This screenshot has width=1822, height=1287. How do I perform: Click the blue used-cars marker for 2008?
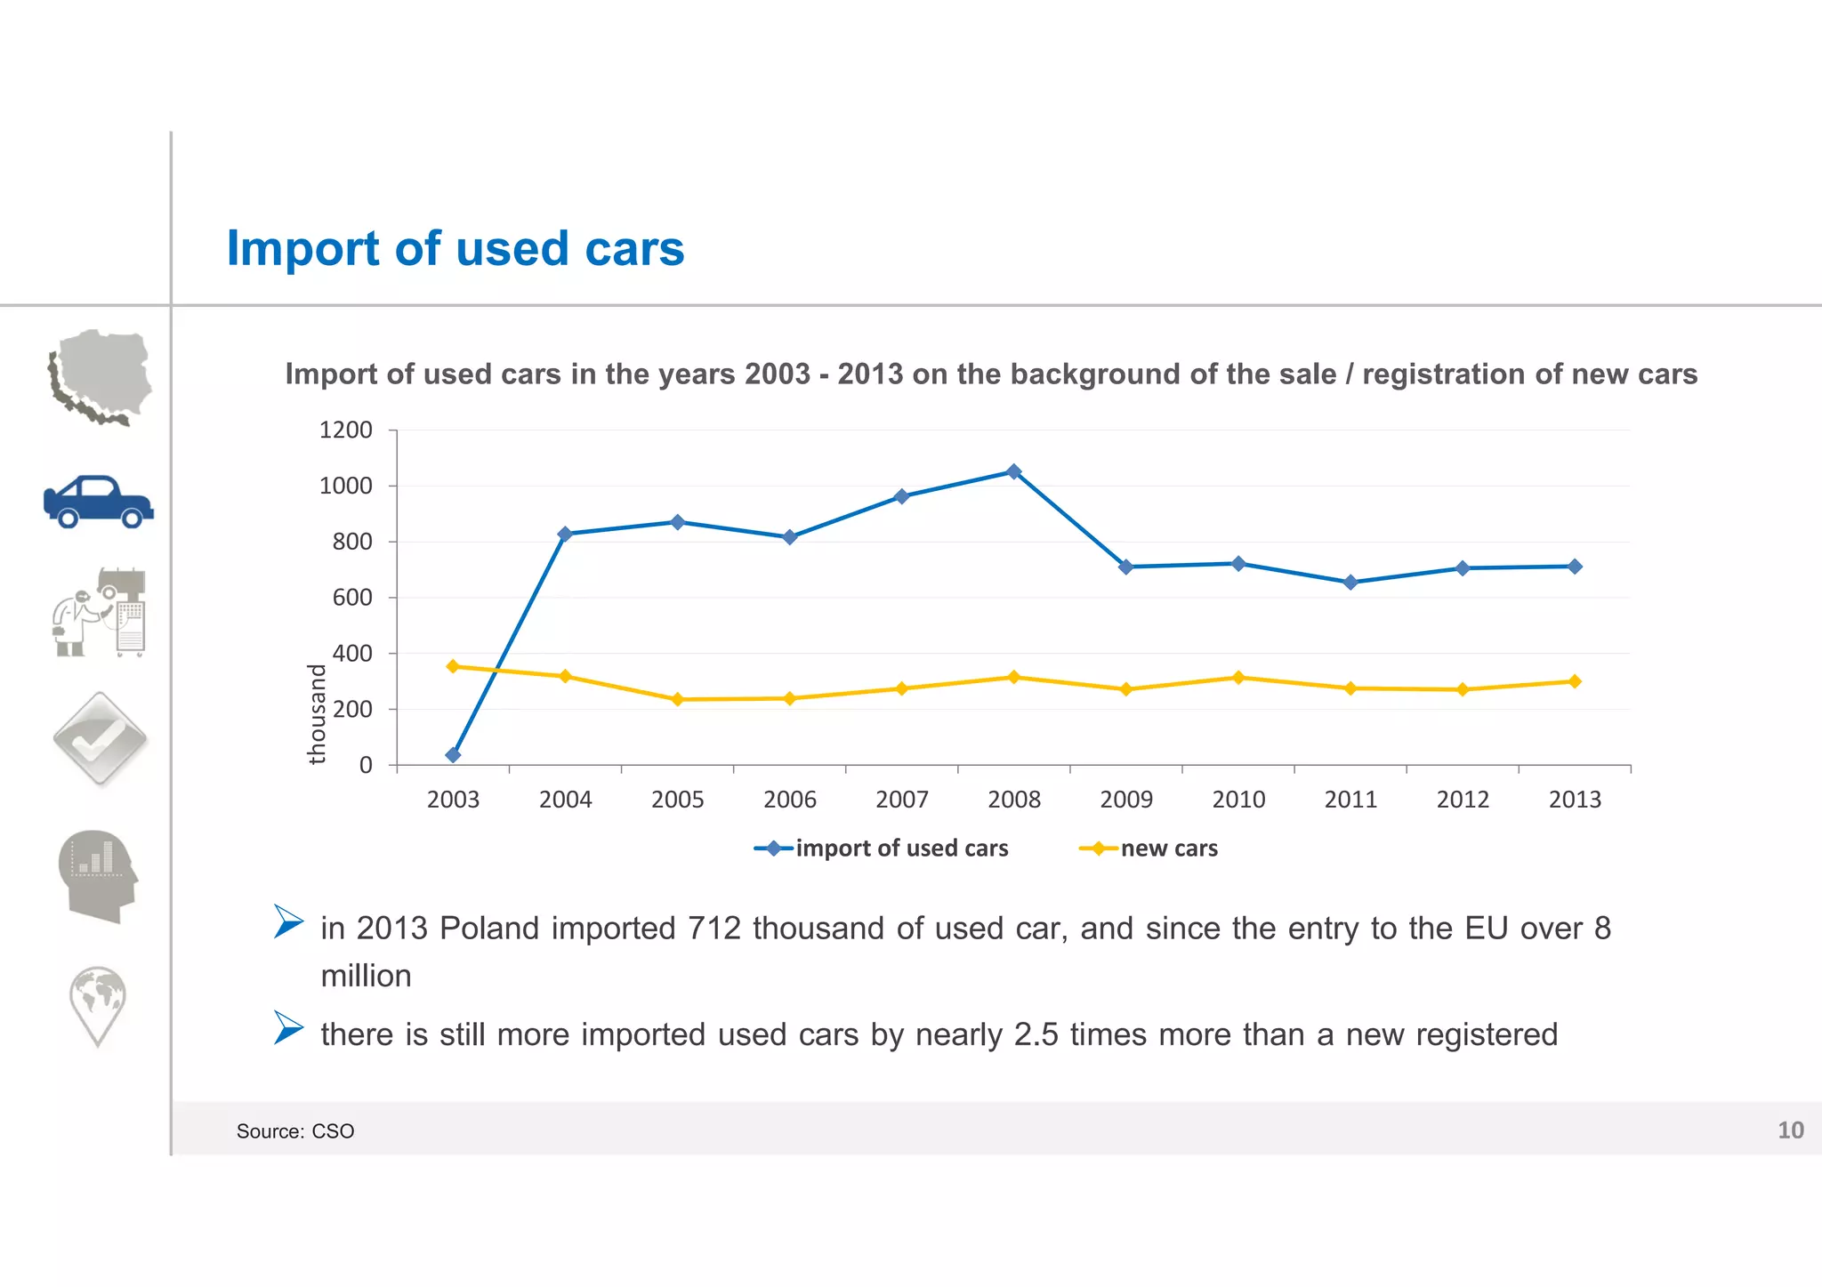pos(1013,471)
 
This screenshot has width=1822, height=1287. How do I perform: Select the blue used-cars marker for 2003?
pos(453,755)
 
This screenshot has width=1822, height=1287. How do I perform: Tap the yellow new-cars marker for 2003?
pos(453,666)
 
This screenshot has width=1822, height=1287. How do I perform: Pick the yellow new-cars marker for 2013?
pos(1574,681)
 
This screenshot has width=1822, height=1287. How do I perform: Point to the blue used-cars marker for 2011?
pos(1350,583)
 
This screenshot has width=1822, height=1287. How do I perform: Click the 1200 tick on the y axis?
pos(346,430)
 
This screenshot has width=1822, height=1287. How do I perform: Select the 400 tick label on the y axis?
pos(352,654)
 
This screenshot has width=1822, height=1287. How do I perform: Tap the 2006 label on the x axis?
pos(789,800)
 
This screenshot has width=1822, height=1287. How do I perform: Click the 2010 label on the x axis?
pos(1238,800)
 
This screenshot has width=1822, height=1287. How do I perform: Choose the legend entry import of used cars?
pos(900,849)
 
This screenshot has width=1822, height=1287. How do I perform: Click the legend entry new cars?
pos(1168,849)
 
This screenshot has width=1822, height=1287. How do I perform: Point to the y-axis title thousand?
pos(317,714)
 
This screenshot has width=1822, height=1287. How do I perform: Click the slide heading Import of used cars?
pos(455,248)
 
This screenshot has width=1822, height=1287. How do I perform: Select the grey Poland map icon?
pos(101,377)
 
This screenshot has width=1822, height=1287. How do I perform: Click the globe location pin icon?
pos(98,1004)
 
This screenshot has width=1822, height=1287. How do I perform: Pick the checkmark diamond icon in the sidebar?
pos(100,738)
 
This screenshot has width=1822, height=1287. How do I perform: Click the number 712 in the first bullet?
pos(713,929)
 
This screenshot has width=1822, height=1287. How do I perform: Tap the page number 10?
pos(1790,1130)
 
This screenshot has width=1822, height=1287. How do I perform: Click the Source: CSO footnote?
pos(295,1131)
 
